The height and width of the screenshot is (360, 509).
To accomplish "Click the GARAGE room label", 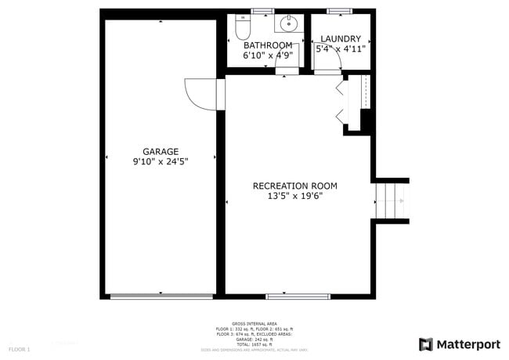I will tap(161, 152).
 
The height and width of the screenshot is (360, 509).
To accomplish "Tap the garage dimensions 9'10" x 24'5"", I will tap(161, 162).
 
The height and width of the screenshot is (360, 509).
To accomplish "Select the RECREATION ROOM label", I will tap(294, 185).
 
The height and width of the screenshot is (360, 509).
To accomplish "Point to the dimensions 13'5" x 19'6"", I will tap(294, 196).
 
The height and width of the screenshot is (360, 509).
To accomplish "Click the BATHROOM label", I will tap(268, 45).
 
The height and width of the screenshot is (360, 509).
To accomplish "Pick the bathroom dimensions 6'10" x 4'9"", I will tap(268, 56).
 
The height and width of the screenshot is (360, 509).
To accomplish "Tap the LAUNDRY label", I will tap(341, 39).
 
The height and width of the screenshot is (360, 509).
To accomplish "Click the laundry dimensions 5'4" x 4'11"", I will tap(341, 49).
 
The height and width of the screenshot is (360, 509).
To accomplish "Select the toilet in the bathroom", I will tap(242, 27).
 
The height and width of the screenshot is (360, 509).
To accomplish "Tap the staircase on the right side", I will tap(391, 202).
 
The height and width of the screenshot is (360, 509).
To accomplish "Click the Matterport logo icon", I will tap(426, 344).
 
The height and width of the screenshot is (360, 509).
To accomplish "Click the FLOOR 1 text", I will tap(20, 348).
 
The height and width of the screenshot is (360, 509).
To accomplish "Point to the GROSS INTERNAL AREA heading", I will tap(254, 322).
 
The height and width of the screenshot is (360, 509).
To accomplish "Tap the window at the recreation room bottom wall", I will tap(298, 297).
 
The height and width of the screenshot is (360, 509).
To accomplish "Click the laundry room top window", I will tap(339, 11).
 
